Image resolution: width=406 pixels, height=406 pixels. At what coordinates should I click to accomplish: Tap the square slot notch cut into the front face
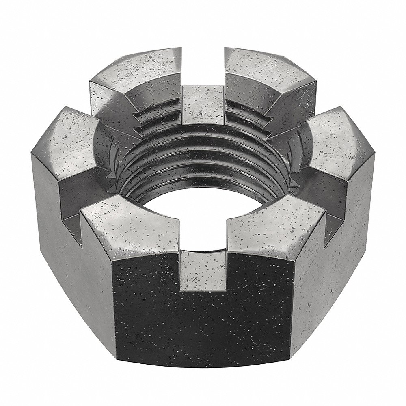pyautogui.click(x=203, y=270)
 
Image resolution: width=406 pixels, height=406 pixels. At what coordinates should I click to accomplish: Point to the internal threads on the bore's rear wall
pyautogui.click(x=203, y=154)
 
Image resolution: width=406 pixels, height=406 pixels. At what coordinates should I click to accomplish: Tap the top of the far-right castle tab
pyautogui.click(x=337, y=138)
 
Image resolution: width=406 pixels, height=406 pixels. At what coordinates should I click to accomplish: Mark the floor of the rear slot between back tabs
pyautogui.click(x=203, y=106)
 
